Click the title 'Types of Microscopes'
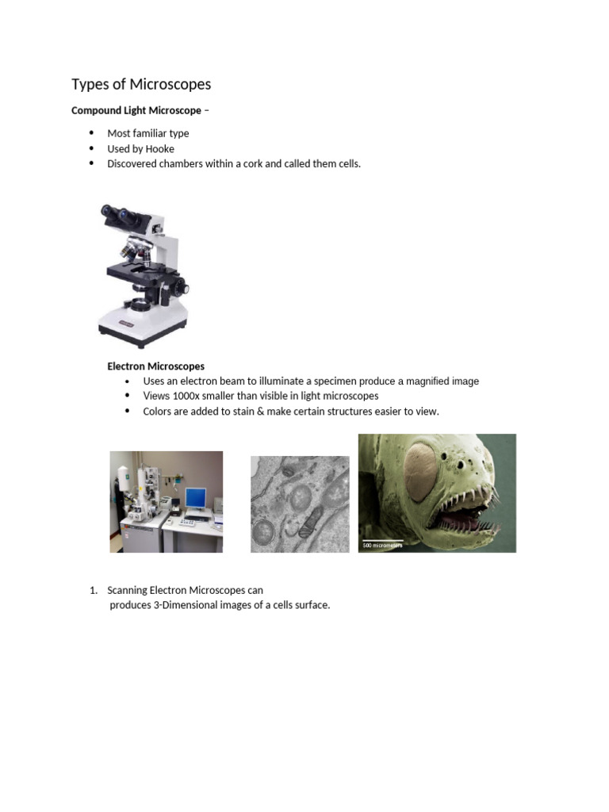tap(141, 84)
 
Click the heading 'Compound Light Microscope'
tap(136, 110)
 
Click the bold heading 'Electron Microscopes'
tap(155, 366)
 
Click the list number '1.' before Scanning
tap(93, 591)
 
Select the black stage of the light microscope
tap(139, 270)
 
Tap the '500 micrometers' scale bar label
tap(382, 546)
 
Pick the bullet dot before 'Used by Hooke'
tap(91, 148)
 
